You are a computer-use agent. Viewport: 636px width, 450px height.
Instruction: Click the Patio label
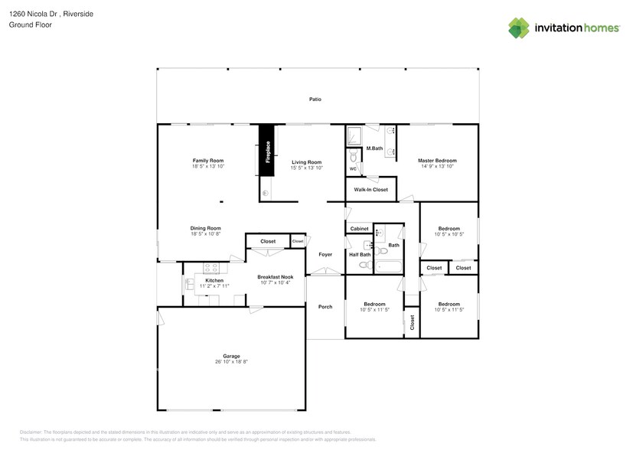click(x=315, y=99)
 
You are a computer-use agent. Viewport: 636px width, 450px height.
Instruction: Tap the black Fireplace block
click(x=267, y=150)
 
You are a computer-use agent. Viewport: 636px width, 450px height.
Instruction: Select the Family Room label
click(x=207, y=160)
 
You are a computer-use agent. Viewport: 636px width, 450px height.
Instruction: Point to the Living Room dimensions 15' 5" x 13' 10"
click(x=306, y=168)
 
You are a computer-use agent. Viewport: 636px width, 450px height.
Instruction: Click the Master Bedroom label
click(x=437, y=160)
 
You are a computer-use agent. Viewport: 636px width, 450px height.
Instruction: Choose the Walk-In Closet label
click(x=370, y=189)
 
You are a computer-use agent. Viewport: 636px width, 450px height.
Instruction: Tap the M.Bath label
click(x=374, y=148)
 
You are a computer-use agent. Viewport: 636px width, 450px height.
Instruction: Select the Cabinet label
click(x=359, y=229)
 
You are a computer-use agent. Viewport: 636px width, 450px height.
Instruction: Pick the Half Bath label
click(x=360, y=254)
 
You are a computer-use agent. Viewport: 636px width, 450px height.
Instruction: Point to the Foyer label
click(x=325, y=254)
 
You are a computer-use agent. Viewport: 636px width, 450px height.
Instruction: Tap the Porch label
click(x=325, y=307)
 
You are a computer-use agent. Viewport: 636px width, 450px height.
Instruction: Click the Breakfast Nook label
click(x=275, y=277)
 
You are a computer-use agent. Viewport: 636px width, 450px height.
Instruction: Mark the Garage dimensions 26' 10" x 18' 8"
click(x=231, y=362)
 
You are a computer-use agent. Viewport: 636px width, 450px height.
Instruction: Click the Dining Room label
click(x=206, y=228)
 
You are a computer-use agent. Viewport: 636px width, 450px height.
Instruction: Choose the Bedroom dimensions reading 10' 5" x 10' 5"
click(x=448, y=235)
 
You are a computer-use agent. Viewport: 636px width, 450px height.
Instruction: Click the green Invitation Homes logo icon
click(x=519, y=28)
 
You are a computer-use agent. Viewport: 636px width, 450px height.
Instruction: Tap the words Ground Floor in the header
click(x=27, y=25)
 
